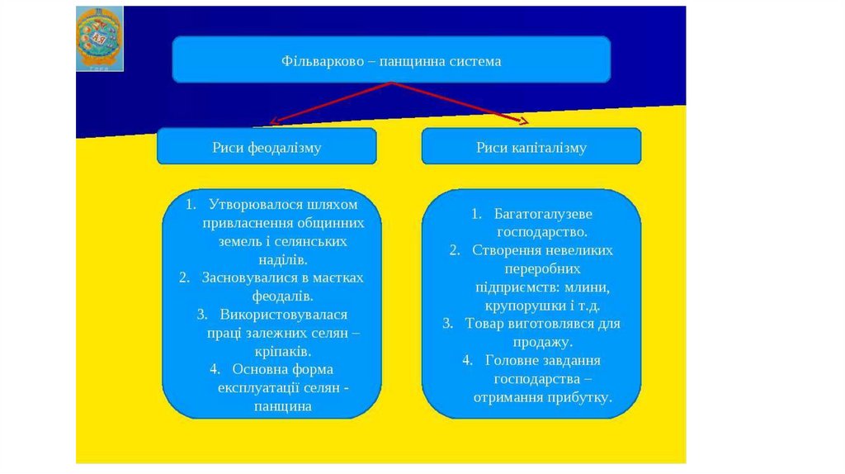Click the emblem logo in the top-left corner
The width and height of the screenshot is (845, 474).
tap(99, 38)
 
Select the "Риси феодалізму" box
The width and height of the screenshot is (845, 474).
tap(267, 148)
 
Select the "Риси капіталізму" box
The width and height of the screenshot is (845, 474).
tap(531, 148)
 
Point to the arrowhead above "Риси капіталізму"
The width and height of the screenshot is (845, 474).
tap(524, 121)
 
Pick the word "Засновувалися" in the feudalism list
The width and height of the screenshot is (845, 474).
tap(247, 277)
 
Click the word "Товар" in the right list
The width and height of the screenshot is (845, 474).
tap(483, 324)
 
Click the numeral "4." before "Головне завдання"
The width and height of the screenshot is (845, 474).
tap(467, 361)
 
